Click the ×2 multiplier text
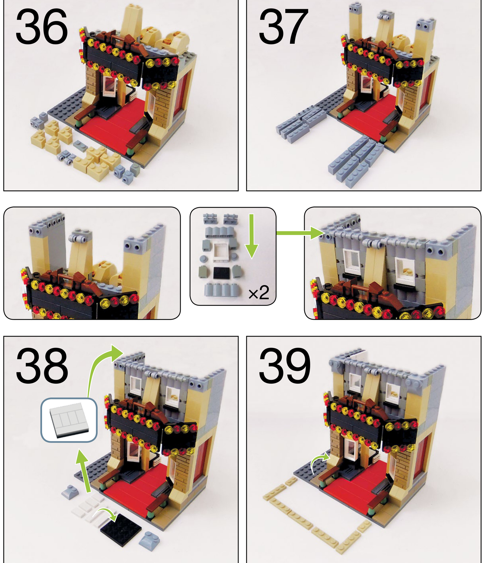pos(259,293)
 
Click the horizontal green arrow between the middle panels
pos(300,233)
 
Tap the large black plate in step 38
pos(121,530)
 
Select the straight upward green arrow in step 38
pos(84,471)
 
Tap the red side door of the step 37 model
pos(425,90)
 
